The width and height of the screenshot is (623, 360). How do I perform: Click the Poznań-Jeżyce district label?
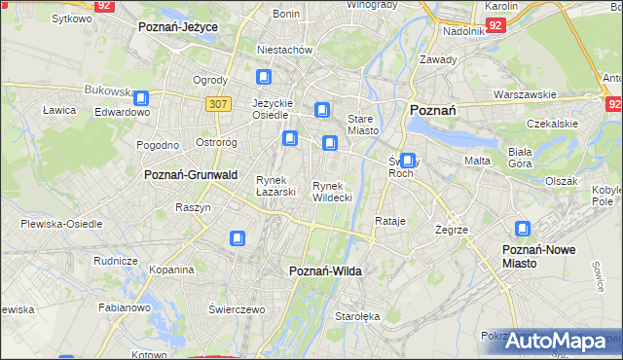coord(178,27)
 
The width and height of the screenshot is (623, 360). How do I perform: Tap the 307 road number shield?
coord(218,103)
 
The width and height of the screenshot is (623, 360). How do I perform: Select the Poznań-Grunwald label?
coord(191,174)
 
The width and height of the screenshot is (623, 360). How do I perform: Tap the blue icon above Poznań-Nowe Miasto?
coord(523,230)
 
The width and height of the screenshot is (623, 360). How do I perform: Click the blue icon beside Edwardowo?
coord(141,98)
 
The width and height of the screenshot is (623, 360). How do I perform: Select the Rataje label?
coord(389,222)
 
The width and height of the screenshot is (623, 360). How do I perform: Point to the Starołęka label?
coord(354,317)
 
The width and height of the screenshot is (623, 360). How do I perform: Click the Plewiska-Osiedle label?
coord(61,224)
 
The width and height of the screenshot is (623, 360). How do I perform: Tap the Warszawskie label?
coord(525,95)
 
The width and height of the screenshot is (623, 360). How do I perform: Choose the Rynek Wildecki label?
coord(332,192)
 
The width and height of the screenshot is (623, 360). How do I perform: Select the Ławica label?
coord(59,111)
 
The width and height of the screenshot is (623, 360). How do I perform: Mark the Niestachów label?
coord(283,50)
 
